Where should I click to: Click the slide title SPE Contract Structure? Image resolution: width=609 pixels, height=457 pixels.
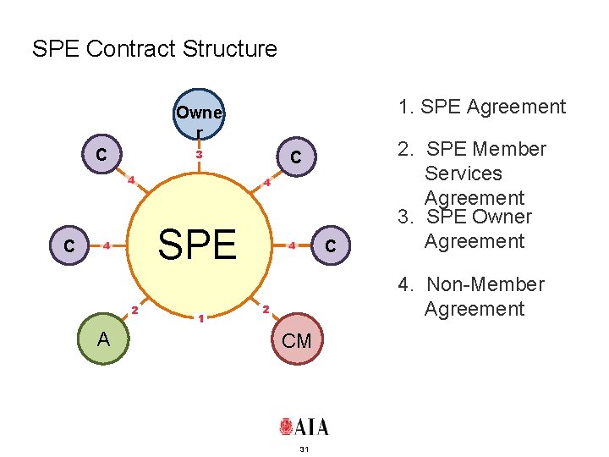(154, 49)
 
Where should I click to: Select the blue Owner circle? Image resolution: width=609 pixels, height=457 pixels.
(199, 115)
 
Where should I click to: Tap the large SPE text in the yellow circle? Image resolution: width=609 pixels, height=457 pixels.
(197, 245)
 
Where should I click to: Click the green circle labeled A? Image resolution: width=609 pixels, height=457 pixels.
(102, 340)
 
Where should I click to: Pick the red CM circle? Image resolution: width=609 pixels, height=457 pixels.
(297, 341)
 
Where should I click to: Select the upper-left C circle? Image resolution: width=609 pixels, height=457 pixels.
(101, 154)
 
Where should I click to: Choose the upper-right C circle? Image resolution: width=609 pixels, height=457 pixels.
(296, 157)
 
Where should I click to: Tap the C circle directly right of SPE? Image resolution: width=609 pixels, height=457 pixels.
(331, 245)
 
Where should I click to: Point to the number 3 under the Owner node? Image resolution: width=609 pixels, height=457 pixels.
(200, 155)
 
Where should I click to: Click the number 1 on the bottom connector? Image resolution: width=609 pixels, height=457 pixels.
(200, 318)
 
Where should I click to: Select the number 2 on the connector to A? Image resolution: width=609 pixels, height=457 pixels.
(134, 309)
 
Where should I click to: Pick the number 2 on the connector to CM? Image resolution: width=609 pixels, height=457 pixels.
(265, 309)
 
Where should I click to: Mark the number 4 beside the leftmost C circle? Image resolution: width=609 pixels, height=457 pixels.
(107, 246)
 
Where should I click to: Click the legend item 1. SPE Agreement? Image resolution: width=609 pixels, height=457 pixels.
(482, 107)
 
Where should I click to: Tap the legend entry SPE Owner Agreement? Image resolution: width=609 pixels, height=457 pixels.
(466, 229)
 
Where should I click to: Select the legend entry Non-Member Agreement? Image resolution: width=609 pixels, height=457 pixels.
(472, 296)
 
